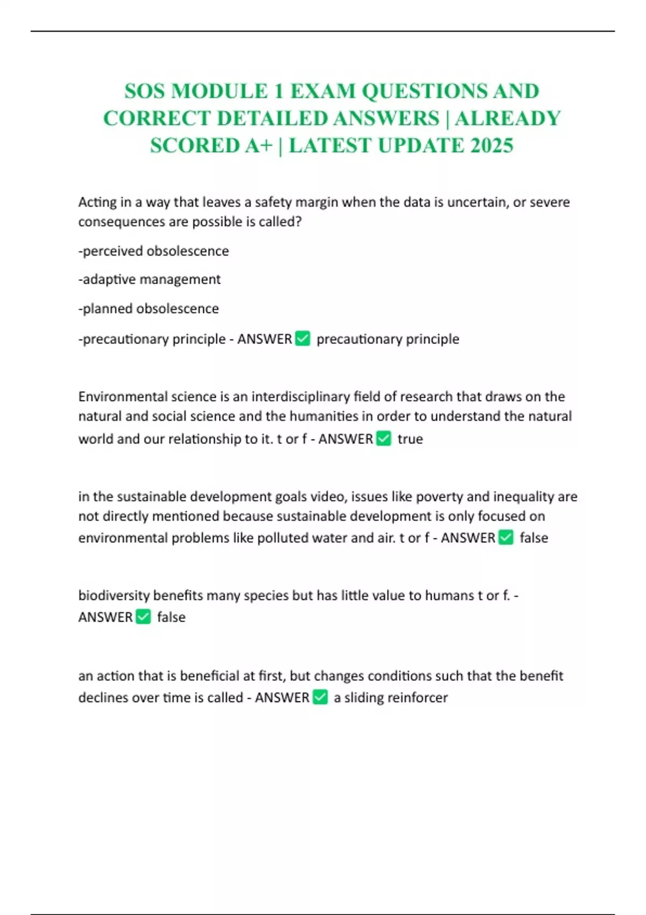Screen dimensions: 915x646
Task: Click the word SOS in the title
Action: [x=144, y=91]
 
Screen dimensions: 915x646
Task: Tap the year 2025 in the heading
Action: [x=491, y=145]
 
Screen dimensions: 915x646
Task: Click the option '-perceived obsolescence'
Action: [x=153, y=251]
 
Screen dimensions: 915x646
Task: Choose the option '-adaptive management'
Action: [x=149, y=279]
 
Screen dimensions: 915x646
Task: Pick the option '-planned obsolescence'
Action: [x=149, y=308]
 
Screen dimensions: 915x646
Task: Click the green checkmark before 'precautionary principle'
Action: [x=303, y=339]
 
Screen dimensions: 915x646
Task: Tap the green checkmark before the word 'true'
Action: [x=384, y=439]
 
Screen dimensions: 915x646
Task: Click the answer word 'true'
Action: [x=410, y=439]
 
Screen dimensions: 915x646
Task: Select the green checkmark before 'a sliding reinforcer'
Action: [x=320, y=697]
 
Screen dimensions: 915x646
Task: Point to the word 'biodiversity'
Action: [x=114, y=595]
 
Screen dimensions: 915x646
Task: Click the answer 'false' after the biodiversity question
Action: [x=171, y=617]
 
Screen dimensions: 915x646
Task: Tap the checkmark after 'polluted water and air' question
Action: [x=506, y=538]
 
